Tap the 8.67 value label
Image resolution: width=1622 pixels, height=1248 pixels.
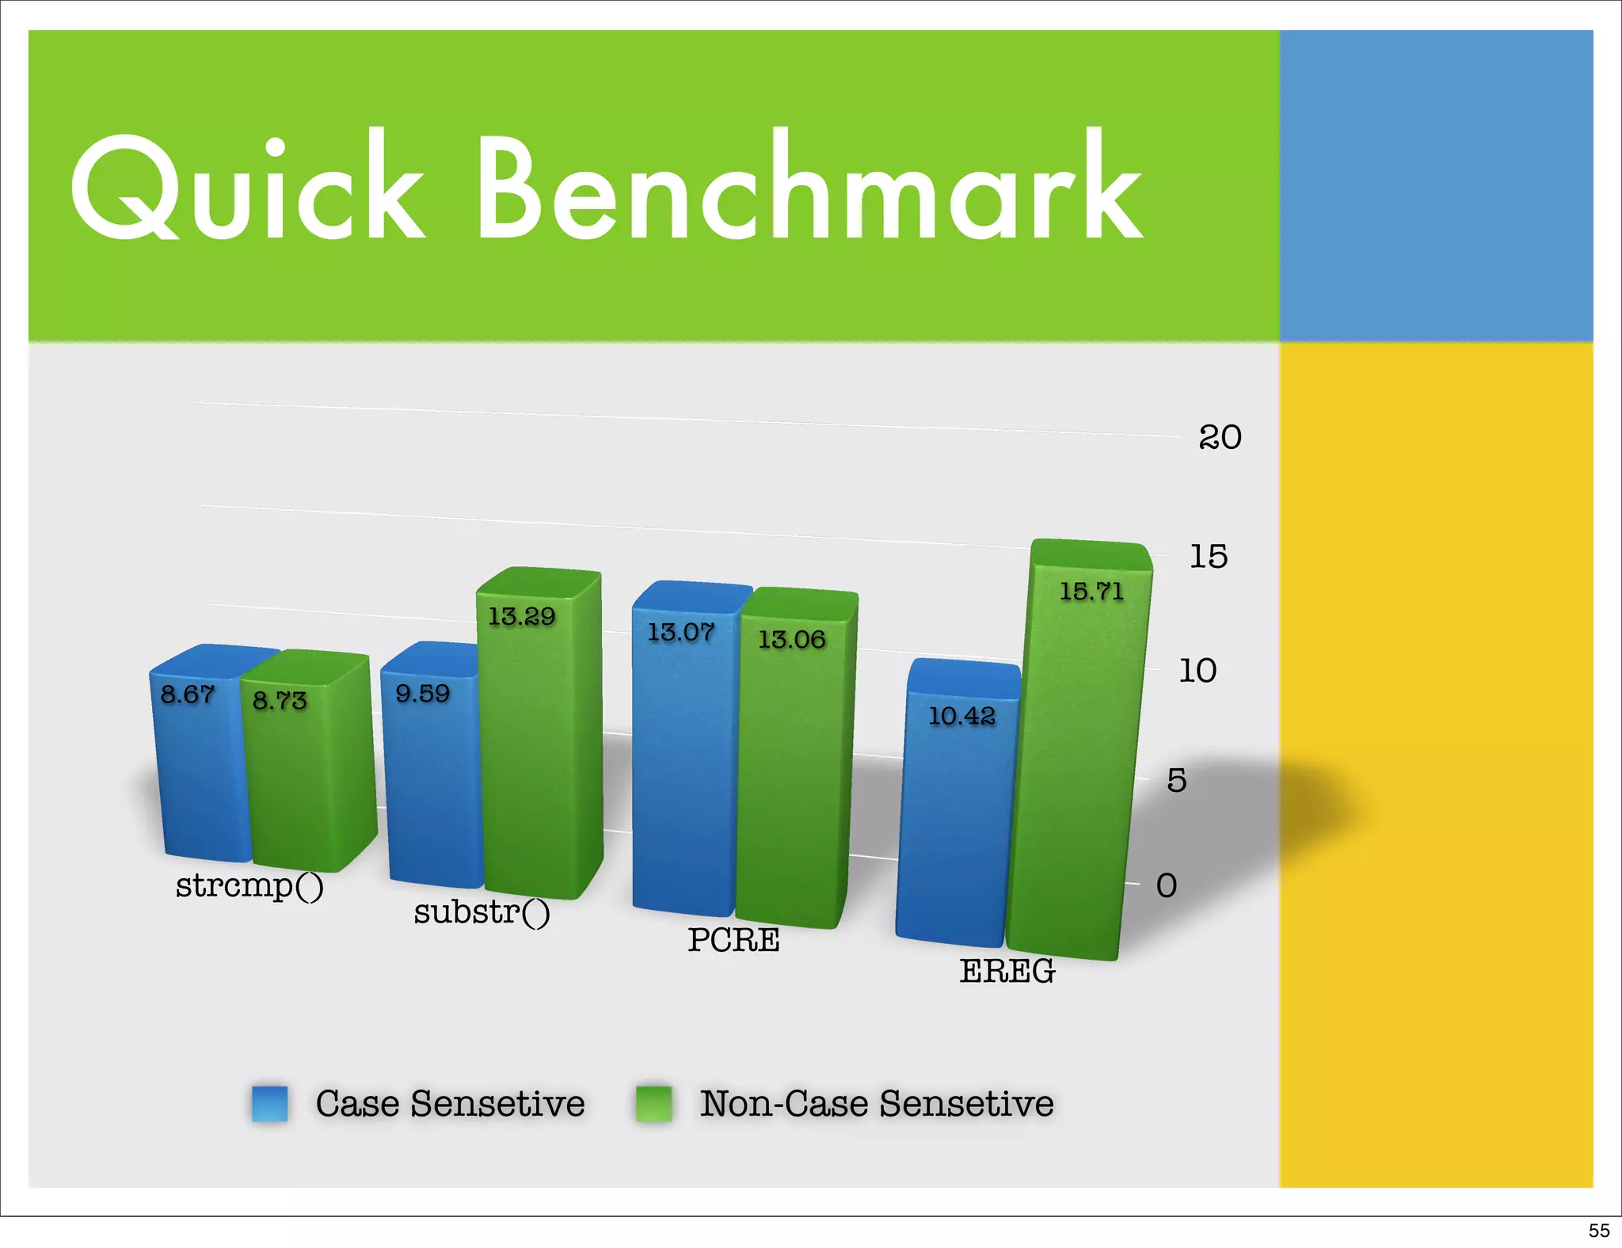coord(188,694)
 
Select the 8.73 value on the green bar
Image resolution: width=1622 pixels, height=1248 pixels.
coord(280,700)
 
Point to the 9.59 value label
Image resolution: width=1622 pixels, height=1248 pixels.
coord(423,694)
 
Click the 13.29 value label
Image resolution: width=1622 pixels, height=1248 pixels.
coord(522,616)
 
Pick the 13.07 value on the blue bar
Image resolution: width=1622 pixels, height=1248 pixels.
coord(681,632)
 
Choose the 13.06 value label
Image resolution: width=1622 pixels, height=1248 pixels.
coord(792,639)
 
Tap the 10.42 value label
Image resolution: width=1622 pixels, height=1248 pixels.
coord(961,716)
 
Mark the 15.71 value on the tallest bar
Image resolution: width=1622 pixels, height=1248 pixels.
coord(1092,591)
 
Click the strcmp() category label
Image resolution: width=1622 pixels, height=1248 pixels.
coord(249,885)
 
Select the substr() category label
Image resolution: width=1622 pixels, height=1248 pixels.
coord(482,912)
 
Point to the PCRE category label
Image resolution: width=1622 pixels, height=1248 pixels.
coord(733,940)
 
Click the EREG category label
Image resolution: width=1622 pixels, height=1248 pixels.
coord(1007,971)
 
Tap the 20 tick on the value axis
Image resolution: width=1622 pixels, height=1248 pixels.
coord(1220,437)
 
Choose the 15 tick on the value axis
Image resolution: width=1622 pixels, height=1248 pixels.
coord(1209,557)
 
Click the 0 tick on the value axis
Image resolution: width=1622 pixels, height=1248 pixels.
coord(1167,885)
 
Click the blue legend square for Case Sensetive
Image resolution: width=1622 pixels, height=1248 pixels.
coord(269,1103)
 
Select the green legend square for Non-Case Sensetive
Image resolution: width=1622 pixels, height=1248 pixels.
coord(654,1103)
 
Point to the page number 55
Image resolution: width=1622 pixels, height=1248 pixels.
coord(1599,1231)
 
